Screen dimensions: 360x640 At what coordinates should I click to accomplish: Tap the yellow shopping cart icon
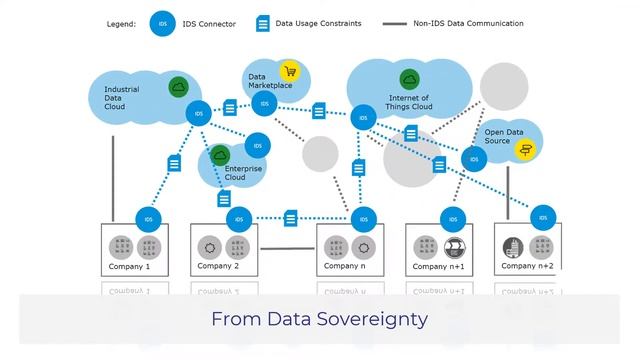tap(290, 71)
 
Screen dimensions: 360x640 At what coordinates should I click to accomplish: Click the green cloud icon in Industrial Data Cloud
tap(178, 87)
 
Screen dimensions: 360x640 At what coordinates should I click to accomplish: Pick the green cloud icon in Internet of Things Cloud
tap(409, 79)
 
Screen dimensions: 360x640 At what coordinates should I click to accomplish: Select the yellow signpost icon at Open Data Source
tap(524, 148)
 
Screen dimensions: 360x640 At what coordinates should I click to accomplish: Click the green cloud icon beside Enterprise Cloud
tap(220, 155)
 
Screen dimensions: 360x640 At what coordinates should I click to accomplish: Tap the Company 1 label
tap(129, 267)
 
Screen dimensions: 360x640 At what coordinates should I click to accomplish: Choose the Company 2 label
tap(218, 266)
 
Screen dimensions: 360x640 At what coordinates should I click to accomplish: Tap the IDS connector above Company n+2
tap(543, 216)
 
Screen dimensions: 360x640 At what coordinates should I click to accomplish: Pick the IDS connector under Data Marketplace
tap(265, 104)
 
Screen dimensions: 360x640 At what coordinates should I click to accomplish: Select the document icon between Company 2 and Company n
tap(290, 218)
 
